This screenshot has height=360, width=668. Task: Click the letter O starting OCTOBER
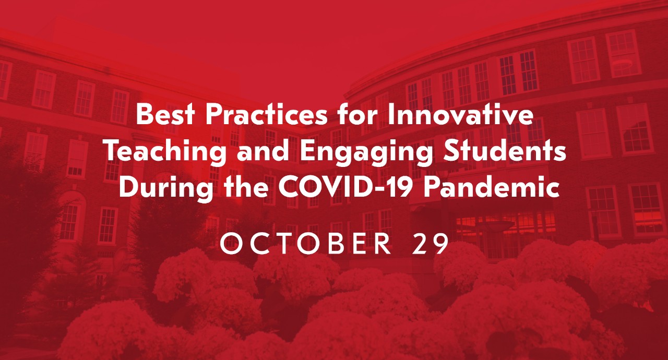(x=230, y=244)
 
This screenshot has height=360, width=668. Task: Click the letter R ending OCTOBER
(x=384, y=244)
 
